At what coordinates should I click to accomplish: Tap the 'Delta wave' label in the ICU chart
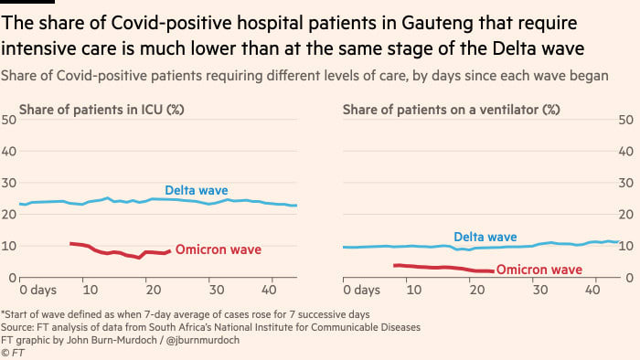(x=197, y=190)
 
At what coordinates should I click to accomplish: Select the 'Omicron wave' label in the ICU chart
(x=219, y=249)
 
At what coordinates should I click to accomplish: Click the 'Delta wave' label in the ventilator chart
(x=485, y=237)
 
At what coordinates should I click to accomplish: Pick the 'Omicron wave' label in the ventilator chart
(x=539, y=270)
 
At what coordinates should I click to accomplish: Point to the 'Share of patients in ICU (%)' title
(x=101, y=110)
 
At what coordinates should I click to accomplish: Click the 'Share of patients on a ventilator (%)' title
(x=452, y=110)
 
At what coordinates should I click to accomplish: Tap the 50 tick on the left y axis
(x=8, y=120)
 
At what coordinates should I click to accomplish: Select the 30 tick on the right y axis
(x=625, y=183)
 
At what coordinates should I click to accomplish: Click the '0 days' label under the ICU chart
(x=38, y=290)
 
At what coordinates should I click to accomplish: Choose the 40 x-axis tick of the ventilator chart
(x=592, y=290)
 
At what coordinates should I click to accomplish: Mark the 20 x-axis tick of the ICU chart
(x=154, y=290)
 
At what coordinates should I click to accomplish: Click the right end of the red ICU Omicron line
(x=170, y=251)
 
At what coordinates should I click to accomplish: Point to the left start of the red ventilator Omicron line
(x=394, y=265)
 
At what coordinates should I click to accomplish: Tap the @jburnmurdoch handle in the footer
(x=203, y=340)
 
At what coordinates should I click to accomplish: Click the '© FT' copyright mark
(x=13, y=353)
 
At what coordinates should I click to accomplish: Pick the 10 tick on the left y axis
(x=8, y=247)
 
